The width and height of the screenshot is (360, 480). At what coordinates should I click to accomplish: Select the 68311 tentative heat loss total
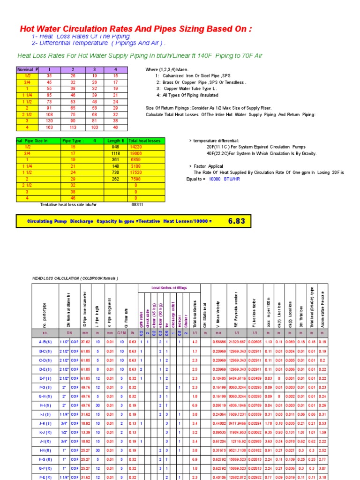[x=136, y=204]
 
